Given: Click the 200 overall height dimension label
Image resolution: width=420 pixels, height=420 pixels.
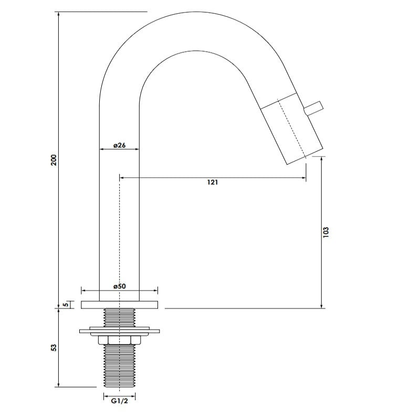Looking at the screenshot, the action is point(53,160).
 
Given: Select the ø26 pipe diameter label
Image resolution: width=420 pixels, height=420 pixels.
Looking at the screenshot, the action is point(119,145).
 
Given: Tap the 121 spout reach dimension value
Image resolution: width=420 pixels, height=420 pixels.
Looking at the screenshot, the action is point(213,182).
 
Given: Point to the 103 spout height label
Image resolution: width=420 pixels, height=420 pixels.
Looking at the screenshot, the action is point(326,232).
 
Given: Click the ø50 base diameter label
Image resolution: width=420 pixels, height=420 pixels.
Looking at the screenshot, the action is point(119,286).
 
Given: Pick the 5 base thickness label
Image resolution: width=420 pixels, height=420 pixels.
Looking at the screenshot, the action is point(65,304).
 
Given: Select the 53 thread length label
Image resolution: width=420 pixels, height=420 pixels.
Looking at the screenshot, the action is point(53,348).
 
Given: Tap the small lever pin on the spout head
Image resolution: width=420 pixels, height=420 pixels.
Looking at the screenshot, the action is point(313,108).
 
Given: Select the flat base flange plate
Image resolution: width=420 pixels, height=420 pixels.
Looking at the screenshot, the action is point(119,304).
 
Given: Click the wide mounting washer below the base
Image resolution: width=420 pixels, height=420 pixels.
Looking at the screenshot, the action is point(120,331).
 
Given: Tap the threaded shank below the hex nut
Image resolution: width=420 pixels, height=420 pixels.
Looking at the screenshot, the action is point(120,367).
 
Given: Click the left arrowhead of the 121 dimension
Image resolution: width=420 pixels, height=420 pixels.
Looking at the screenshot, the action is point(122,178).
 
